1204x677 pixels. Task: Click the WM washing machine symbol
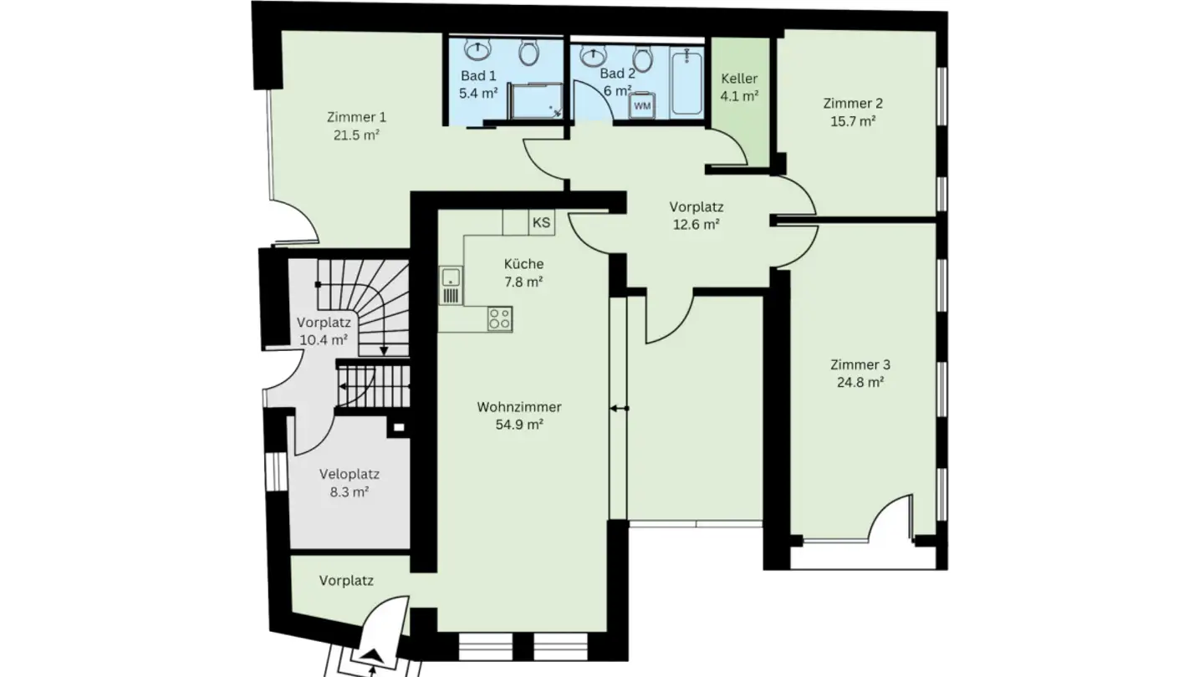point(642,106)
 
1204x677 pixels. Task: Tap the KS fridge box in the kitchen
point(542,222)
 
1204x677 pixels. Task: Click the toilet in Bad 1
point(528,53)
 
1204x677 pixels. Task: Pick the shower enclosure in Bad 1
point(534,99)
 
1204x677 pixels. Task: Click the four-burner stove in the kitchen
point(500,318)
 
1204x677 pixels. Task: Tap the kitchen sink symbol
point(451,285)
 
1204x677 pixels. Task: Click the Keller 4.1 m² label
point(739,87)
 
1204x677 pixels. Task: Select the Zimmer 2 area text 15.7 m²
point(852,121)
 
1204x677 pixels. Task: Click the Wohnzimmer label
point(519,408)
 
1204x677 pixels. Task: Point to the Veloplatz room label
point(344,474)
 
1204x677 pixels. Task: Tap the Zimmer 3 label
point(860,364)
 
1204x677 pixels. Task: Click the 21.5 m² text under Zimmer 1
point(356,134)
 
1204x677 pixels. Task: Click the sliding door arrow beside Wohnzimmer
point(619,409)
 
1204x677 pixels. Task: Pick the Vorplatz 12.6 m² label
point(696,215)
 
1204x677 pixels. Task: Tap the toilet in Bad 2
point(642,59)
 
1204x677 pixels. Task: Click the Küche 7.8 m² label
point(523,272)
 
